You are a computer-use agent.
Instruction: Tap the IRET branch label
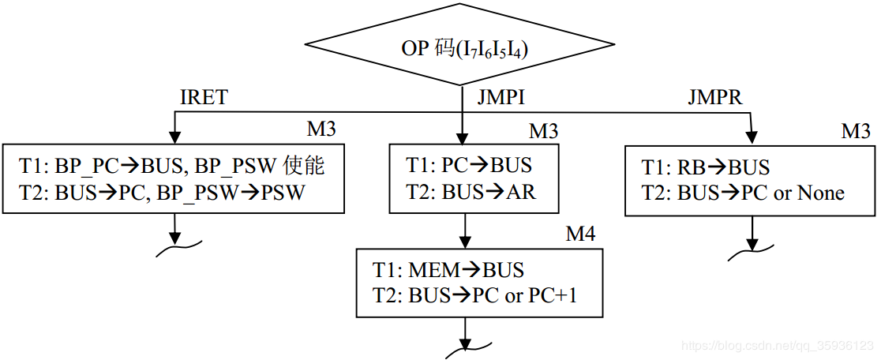[x=204, y=97]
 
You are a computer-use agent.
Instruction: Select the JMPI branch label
[x=500, y=97]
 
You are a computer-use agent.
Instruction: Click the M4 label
[x=580, y=234]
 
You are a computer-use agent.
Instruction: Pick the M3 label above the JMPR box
[x=855, y=131]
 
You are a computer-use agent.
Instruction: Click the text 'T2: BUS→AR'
[x=470, y=192]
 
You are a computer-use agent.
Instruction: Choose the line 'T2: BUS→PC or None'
[x=742, y=193]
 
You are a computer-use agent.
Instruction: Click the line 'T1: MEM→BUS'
[x=448, y=270]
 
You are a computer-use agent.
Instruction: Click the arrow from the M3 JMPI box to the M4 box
[x=463, y=231]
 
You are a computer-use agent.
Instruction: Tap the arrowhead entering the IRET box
[x=174, y=138]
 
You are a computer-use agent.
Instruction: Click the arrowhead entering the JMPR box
[x=750, y=138]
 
